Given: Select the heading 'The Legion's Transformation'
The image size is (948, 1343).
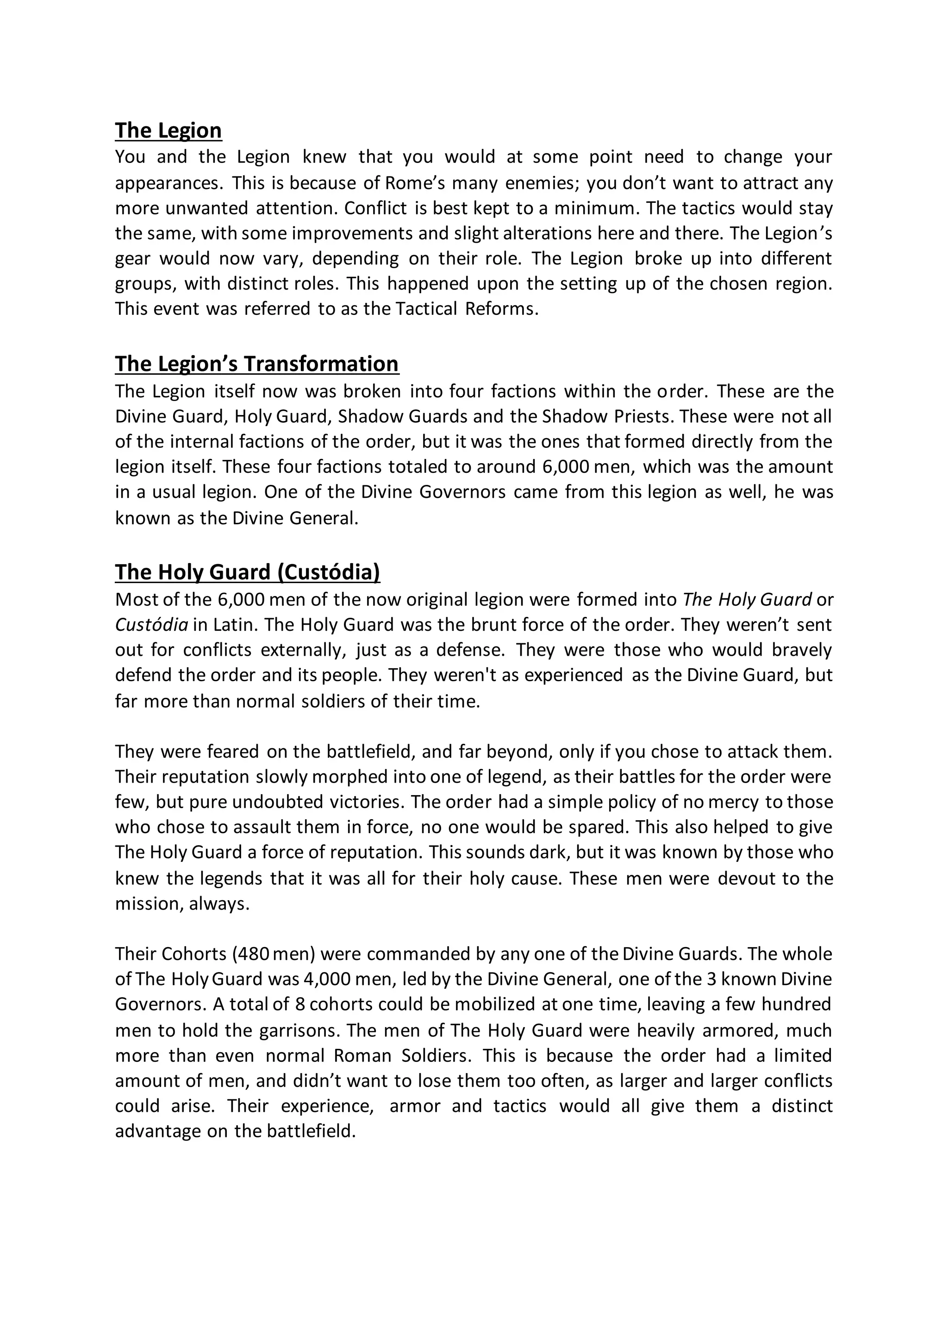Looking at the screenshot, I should tap(257, 364).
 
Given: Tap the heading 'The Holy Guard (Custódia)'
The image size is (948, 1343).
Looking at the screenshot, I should tap(247, 572).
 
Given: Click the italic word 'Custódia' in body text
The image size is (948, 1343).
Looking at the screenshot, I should tap(151, 625).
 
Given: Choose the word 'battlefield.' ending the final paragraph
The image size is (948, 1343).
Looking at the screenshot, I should tap(311, 1131).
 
